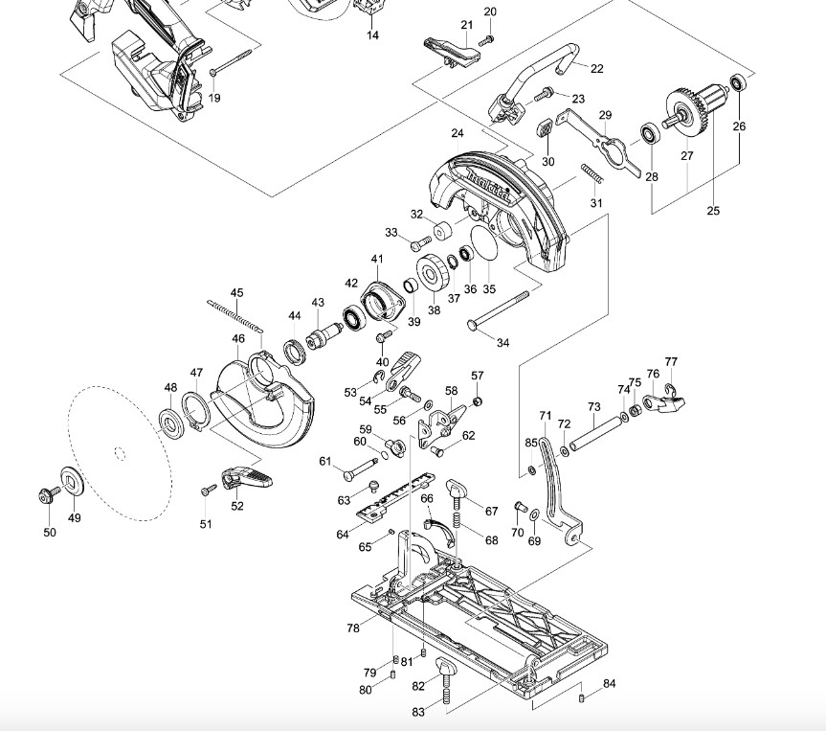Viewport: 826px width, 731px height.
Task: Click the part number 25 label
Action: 713,211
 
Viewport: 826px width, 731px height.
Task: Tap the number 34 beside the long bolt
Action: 502,342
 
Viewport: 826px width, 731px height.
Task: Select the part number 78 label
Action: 353,628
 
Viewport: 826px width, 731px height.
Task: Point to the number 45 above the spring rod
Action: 237,292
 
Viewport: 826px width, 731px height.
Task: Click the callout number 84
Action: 610,684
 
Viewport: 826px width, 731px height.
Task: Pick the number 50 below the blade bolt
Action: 50,533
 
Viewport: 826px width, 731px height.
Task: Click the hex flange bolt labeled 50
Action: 44,494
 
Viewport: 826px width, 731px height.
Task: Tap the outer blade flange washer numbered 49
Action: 71,480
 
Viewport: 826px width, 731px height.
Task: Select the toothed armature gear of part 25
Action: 681,103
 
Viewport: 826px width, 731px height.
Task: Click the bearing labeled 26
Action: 738,82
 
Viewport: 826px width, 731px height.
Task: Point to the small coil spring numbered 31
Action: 592,175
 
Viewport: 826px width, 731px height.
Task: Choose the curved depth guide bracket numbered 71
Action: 553,484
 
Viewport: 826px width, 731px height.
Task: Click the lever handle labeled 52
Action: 245,475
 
